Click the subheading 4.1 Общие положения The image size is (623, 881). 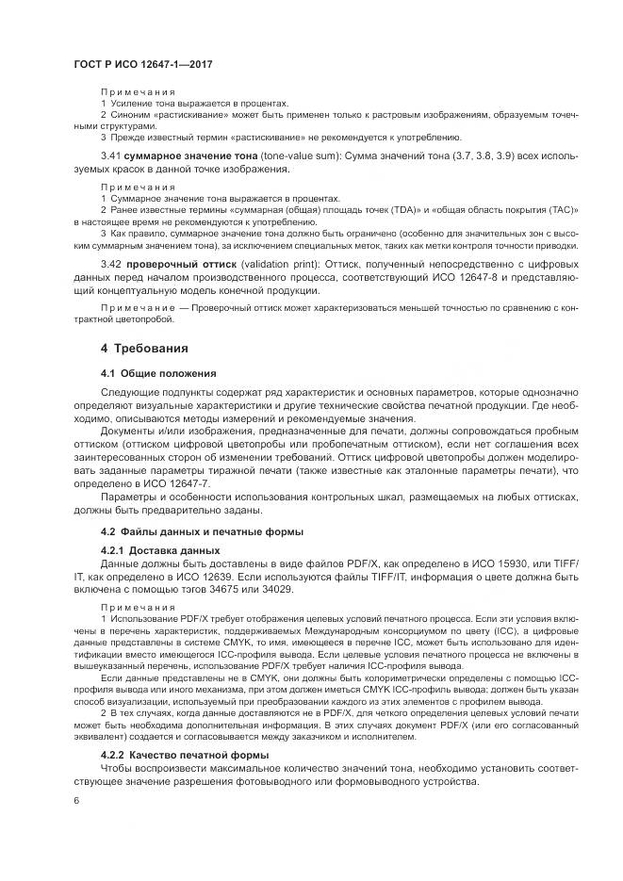coord(158,372)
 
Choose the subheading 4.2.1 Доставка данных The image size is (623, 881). coord(160,548)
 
